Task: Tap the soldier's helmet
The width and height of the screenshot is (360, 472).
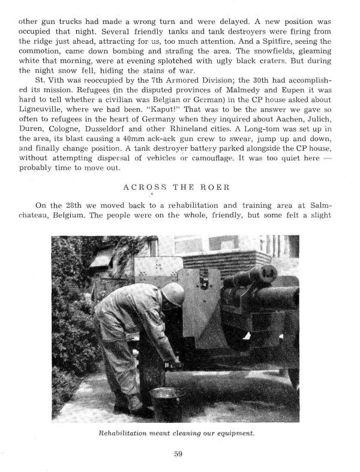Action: click(173, 295)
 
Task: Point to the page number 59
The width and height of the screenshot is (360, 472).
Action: click(178, 454)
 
